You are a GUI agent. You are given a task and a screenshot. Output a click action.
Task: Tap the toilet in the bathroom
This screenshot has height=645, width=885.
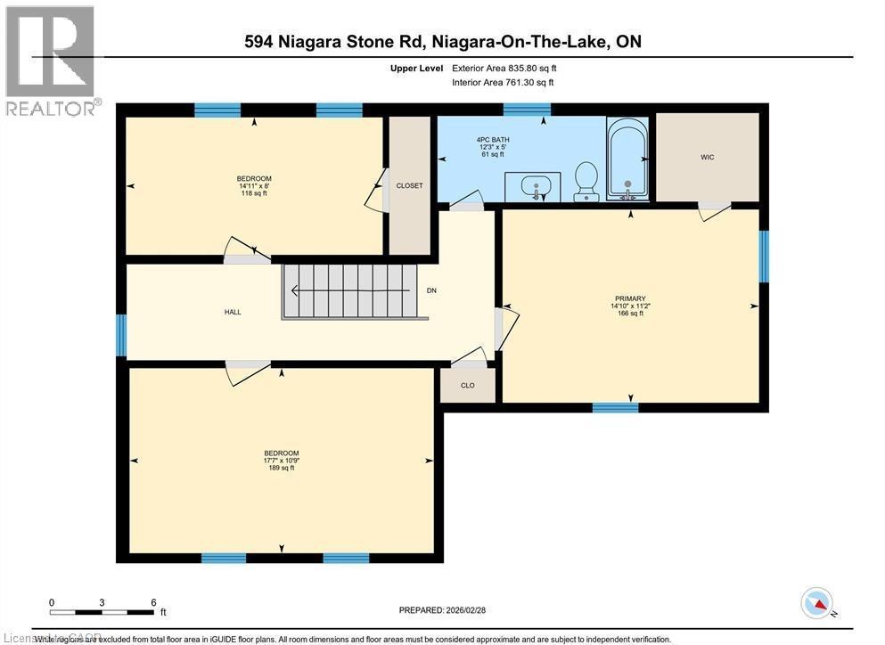point(586,179)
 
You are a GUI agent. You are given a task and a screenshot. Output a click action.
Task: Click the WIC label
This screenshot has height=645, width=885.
point(707,158)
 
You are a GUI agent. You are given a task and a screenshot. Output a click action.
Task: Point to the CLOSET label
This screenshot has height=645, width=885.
point(409,185)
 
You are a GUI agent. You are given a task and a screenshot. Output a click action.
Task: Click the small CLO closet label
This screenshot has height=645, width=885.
point(467,386)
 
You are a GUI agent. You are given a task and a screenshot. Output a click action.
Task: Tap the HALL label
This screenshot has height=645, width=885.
point(233,312)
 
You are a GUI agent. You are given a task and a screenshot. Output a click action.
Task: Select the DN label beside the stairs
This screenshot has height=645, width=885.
point(432,290)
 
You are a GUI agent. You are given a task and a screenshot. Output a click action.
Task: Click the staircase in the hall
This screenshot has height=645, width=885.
point(350,290)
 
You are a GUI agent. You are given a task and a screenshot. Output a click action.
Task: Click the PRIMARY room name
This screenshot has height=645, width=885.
point(629,298)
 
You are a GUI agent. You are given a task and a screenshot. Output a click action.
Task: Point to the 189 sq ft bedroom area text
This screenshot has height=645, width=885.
point(281,468)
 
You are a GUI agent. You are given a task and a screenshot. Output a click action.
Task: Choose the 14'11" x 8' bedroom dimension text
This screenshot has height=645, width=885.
point(254,185)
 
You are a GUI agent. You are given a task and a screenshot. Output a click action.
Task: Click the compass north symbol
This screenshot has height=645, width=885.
point(817,603)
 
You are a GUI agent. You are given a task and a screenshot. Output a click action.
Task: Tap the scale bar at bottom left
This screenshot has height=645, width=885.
point(102,612)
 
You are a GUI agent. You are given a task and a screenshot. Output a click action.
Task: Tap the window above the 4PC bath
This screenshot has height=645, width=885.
point(526,110)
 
